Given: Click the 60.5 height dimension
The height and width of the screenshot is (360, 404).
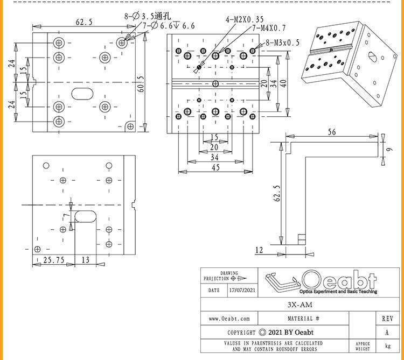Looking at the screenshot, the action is [141, 84].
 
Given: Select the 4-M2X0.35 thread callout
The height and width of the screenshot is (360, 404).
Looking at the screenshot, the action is [245, 19].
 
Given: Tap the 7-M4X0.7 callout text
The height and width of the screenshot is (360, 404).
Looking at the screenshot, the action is [269, 28].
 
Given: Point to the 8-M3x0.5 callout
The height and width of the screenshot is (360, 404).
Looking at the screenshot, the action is [283, 43].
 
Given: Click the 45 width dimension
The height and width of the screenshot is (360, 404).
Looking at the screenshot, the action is [215, 167].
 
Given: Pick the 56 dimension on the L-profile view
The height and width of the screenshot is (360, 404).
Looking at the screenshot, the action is [332, 132].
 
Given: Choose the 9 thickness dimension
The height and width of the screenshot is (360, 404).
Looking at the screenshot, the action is [389, 149].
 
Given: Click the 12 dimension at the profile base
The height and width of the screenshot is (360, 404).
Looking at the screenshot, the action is [259, 250].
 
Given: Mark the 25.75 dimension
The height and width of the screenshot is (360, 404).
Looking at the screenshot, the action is [54, 260].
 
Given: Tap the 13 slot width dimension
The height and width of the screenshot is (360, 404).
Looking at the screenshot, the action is [86, 260].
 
